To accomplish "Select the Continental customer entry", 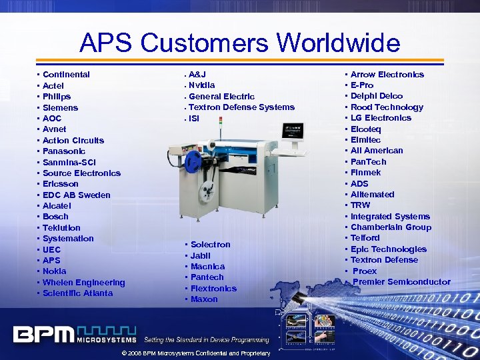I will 66,75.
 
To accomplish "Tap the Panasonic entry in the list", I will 64,151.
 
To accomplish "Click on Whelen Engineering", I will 83,283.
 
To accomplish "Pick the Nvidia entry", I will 201,85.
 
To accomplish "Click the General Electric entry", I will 221,97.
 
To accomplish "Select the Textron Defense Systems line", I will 241,107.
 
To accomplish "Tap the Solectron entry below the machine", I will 210,245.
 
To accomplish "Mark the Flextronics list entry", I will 213,289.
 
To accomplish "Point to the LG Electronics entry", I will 381,118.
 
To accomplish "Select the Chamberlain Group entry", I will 391,227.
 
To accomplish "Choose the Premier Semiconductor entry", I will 401,282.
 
